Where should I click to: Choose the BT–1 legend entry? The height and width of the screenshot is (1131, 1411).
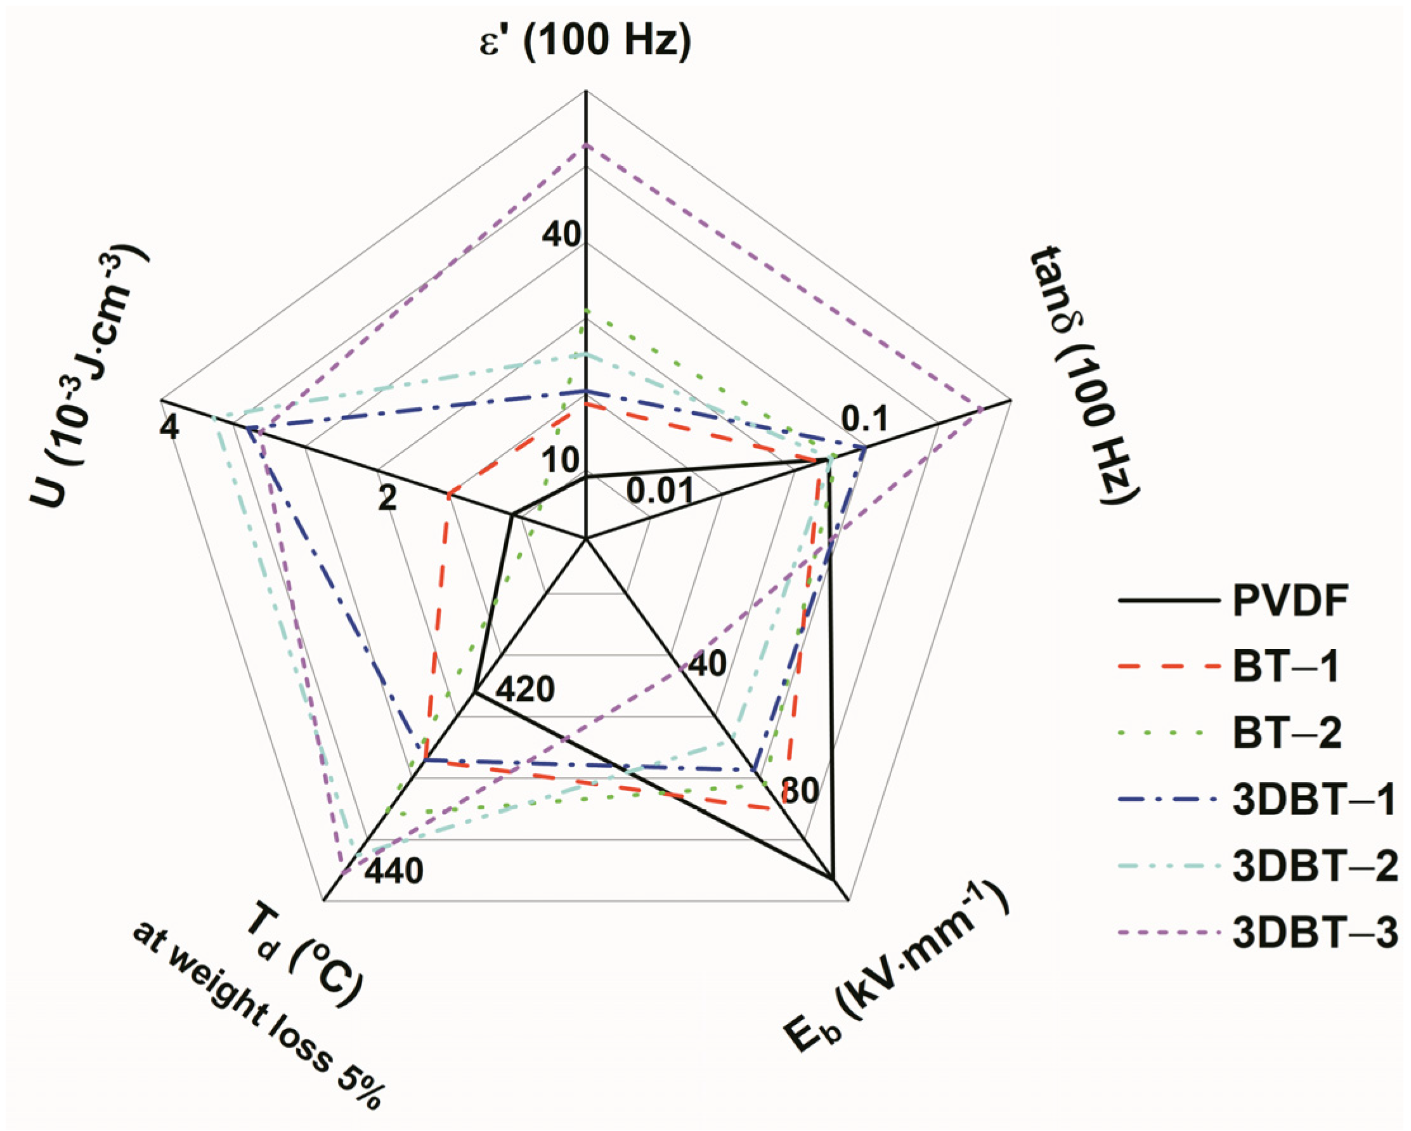(1287, 667)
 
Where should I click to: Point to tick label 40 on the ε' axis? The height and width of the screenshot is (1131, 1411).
(561, 233)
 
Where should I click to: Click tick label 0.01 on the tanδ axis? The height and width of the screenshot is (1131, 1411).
(659, 490)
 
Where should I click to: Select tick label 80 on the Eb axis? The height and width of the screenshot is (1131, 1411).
(800, 791)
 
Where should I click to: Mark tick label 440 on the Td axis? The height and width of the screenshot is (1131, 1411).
(393, 871)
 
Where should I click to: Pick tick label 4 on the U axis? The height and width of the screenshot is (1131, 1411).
(169, 429)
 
